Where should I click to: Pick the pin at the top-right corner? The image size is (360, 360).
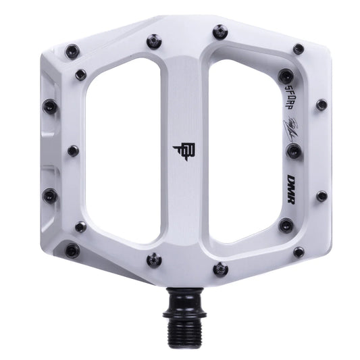tap(299, 49)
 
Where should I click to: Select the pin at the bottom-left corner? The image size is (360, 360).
tap(72, 251)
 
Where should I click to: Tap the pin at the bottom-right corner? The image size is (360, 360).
tap(299, 252)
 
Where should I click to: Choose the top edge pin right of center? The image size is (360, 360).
tap(220, 32)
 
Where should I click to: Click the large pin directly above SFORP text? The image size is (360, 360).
tap(286, 76)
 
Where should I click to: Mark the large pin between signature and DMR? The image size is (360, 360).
tap(293, 151)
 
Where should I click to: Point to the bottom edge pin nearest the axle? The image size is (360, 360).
tap(220, 269)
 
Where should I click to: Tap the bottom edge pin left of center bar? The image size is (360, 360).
tap(154, 259)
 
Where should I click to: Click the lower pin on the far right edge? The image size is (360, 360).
tap(322, 196)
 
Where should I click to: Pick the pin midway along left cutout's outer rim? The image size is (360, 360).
tap(73, 151)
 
